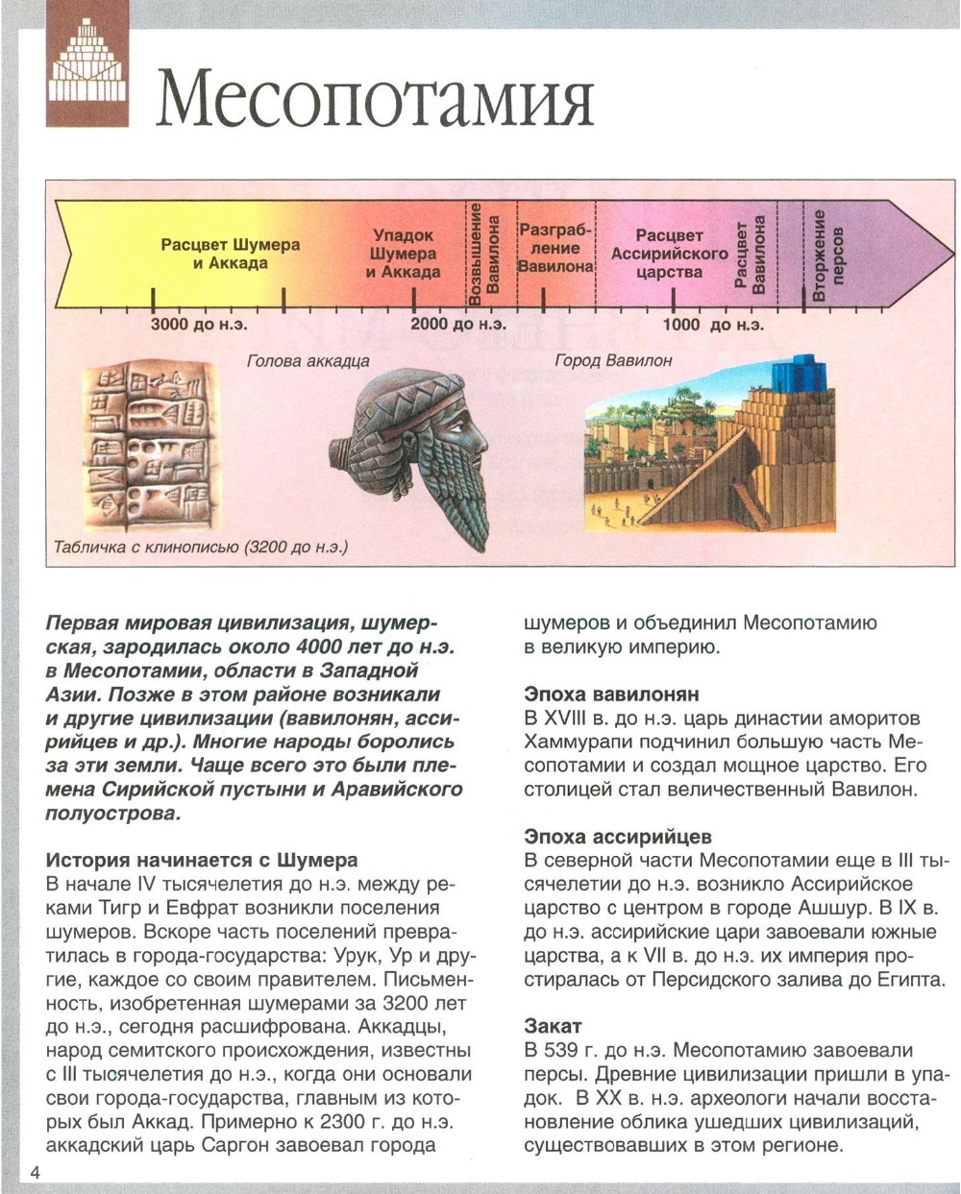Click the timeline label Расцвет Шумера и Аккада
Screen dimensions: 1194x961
pyautogui.click(x=230, y=254)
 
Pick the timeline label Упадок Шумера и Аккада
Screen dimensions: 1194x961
pyautogui.click(x=403, y=254)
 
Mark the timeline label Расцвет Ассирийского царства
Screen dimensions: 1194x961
pyautogui.click(x=669, y=254)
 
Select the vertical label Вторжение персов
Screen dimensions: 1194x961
pyautogui.click(x=827, y=256)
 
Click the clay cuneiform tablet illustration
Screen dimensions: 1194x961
pyautogui.click(x=150, y=448)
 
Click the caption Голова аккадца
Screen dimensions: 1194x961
pyautogui.click(x=308, y=362)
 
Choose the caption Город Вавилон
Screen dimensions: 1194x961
pyautogui.click(x=613, y=361)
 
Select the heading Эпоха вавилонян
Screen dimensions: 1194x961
pyautogui.click(x=611, y=694)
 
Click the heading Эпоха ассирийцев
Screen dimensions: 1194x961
pyautogui.click(x=618, y=837)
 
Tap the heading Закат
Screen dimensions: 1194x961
pyautogui.click(x=553, y=1025)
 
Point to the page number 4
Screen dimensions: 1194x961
pyautogui.click(x=36, y=1174)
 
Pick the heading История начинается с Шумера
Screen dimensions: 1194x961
pyautogui.click(x=201, y=859)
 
